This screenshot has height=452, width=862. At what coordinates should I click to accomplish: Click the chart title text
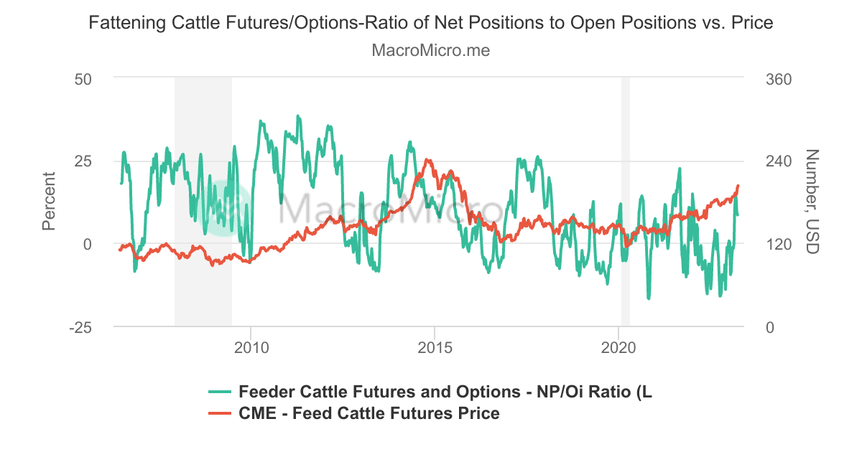point(430,23)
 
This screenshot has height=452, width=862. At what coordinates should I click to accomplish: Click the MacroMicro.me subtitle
point(430,51)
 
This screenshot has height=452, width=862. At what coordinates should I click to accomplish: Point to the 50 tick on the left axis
point(83,77)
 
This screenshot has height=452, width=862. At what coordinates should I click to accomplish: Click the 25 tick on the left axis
point(83,161)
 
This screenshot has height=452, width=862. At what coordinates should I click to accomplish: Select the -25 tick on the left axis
point(80,327)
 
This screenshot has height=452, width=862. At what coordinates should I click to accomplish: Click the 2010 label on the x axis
point(251,348)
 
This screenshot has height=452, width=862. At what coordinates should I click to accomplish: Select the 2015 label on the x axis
point(435,348)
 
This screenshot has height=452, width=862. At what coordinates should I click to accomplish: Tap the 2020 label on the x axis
point(619,348)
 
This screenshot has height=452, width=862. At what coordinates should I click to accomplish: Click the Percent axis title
point(49,202)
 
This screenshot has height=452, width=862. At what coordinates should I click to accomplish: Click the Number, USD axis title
point(812,202)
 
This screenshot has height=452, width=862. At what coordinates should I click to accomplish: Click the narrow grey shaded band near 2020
point(626,202)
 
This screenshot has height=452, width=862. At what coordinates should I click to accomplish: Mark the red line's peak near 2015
point(427,160)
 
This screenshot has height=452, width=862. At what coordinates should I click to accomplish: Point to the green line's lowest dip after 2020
point(649,298)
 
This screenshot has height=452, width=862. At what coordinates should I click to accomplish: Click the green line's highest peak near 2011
point(297,116)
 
